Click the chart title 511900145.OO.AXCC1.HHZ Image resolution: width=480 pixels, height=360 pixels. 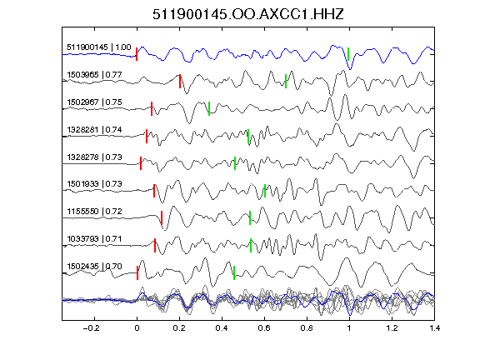point(248,14)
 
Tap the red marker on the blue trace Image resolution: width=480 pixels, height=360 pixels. point(137,54)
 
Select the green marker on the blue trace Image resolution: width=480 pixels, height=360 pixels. point(348,54)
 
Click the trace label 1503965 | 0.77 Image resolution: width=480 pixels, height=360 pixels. point(94,75)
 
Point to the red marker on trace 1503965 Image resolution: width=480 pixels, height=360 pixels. point(180,81)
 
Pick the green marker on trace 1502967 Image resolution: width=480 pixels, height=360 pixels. point(209,108)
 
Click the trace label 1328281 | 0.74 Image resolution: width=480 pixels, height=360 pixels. point(94,130)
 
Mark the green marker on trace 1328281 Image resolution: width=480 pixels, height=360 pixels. point(248,136)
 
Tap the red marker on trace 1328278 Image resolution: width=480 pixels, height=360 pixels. point(141,163)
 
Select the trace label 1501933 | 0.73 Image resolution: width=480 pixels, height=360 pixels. point(94,184)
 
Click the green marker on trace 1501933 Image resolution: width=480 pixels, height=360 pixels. point(265,191)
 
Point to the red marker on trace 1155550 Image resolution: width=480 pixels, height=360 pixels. point(162,218)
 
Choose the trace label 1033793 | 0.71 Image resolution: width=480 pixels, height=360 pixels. point(94,239)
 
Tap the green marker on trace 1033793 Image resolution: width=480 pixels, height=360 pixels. point(251,245)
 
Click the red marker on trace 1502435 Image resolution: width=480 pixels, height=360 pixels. point(137,272)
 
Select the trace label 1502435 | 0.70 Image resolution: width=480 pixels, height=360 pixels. point(94,267)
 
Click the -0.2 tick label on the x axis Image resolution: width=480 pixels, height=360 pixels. point(91,328)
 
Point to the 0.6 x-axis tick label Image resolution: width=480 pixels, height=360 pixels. point(264,328)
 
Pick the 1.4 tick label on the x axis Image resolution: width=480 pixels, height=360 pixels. point(435,328)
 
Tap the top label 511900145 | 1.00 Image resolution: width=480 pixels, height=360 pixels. point(99,47)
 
